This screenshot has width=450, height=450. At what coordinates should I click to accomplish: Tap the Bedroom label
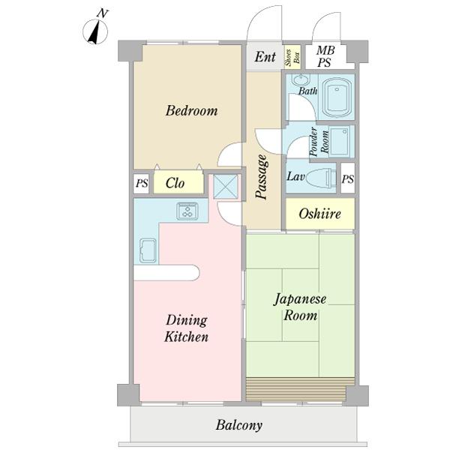click(x=191, y=111)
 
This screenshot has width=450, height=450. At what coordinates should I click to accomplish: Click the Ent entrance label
click(x=264, y=57)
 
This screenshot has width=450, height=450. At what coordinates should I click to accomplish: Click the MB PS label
click(x=324, y=56)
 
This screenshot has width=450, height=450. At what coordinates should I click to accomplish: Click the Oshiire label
click(x=320, y=214)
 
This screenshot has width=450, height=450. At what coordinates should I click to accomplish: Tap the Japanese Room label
click(x=300, y=307)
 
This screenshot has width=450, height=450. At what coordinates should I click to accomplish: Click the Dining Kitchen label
click(x=186, y=328)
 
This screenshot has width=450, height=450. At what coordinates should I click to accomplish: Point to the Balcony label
click(x=239, y=425)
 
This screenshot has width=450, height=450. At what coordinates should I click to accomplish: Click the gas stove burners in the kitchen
click(x=187, y=211)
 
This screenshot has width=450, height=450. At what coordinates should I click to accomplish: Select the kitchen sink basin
click(x=147, y=250)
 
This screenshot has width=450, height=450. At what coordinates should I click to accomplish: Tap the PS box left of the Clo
click(x=141, y=183)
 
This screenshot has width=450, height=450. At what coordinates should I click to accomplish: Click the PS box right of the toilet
click(x=347, y=178)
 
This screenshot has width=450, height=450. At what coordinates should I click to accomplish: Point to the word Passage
click(x=262, y=177)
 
